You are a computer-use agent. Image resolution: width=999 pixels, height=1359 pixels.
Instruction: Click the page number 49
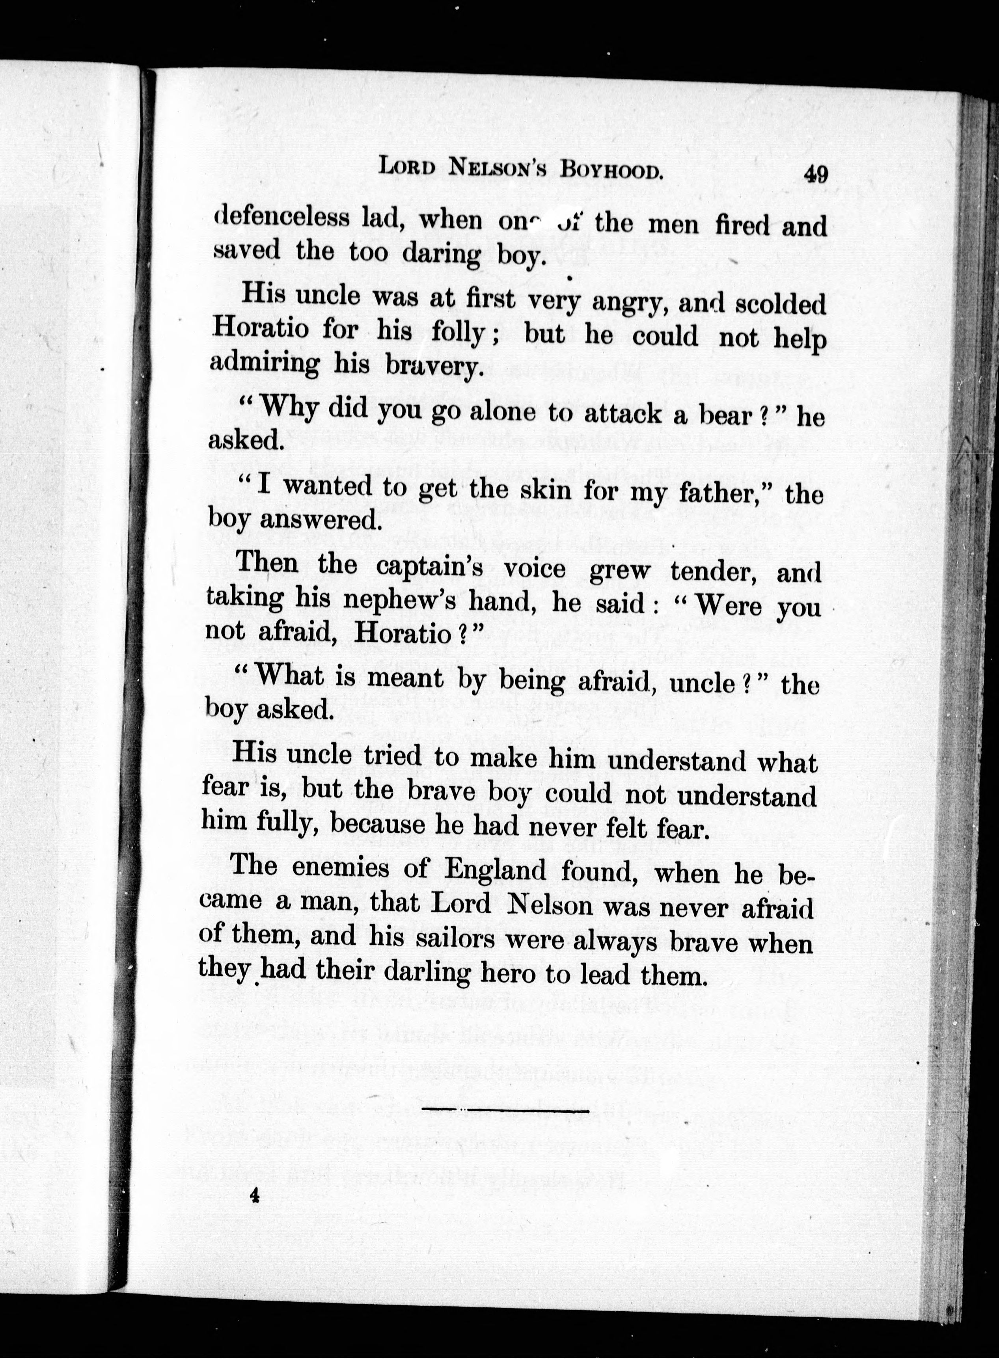[815, 174]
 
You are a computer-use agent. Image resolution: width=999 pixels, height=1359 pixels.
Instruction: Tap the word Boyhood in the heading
[611, 169]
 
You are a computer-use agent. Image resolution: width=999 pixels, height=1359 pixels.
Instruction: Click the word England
[495, 871]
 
